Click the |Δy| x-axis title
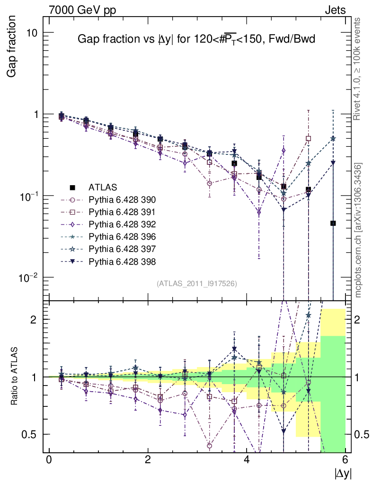tap(343, 473)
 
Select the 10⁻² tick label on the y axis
tap(29, 277)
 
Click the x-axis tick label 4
tap(247, 459)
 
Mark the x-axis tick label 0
tap(49, 459)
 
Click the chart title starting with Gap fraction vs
tap(196, 40)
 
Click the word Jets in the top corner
tap(335, 10)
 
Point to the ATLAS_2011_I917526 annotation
tap(197, 283)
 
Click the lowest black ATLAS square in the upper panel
tap(333, 223)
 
